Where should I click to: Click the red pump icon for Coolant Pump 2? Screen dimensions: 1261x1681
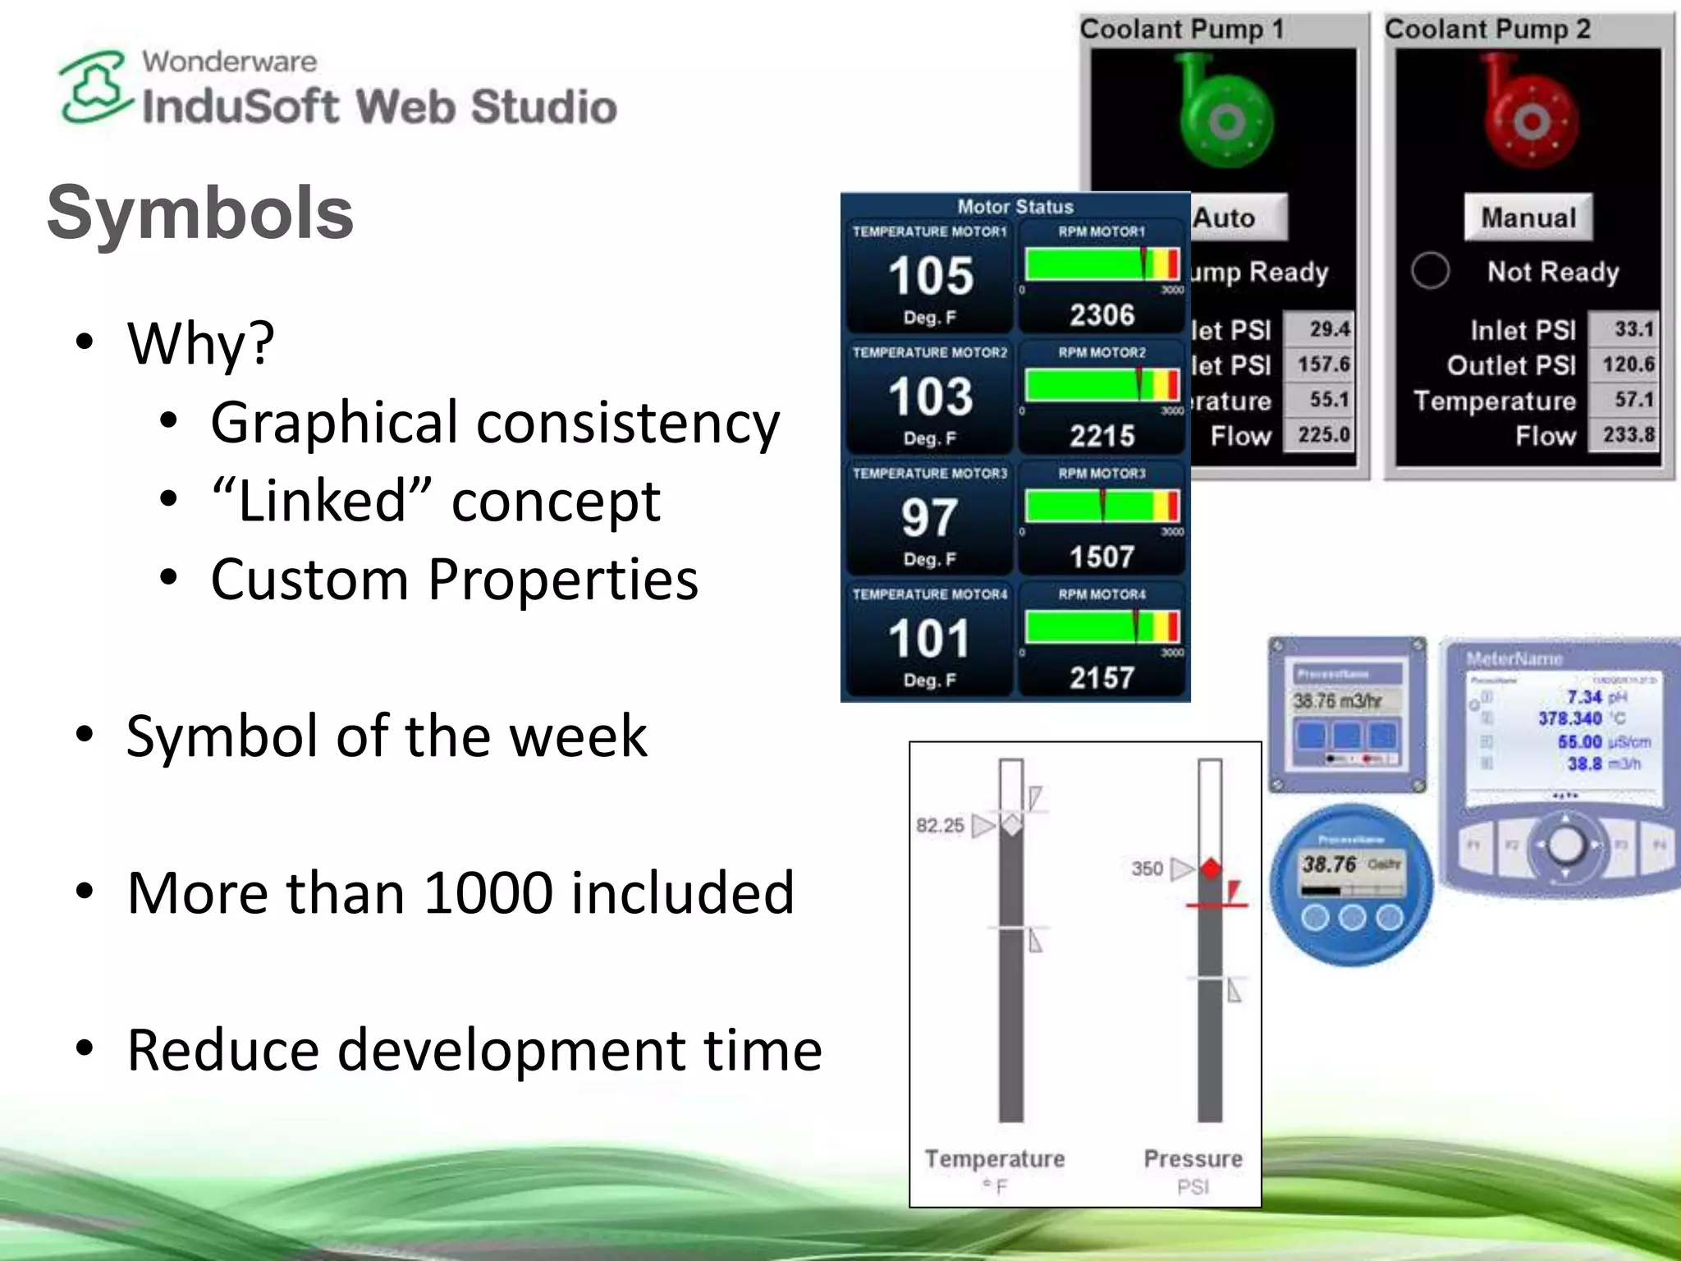1528,115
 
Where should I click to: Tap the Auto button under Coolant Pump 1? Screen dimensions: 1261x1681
1235,218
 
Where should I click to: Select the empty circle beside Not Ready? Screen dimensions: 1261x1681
1430,270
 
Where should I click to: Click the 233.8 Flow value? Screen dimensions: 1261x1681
1628,433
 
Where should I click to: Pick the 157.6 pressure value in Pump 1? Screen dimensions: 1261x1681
1323,364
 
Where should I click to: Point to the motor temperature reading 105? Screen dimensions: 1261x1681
930,276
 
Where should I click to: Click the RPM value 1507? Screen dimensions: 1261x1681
1102,557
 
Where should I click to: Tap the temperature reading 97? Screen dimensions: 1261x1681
929,518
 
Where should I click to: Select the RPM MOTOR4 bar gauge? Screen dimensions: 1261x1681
1102,627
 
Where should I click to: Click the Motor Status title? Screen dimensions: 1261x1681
1015,207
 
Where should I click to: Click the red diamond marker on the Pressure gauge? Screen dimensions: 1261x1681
1211,868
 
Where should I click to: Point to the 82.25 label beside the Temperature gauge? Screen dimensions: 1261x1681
940,825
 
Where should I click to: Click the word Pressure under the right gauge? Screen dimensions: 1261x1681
1193,1158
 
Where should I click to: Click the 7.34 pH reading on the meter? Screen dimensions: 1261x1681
1584,697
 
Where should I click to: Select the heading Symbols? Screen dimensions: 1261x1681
199,213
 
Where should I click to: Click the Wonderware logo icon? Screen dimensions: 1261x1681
94,88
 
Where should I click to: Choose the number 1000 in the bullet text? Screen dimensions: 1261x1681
488,892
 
